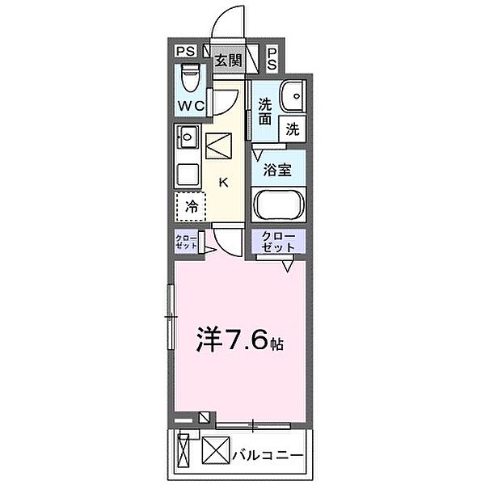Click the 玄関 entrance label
(x=228, y=59)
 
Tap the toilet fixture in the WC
(x=190, y=79)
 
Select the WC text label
(x=191, y=106)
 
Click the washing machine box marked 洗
(x=293, y=127)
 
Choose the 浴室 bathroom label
(x=277, y=170)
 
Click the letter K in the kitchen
(x=224, y=183)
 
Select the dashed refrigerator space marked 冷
(x=192, y=206)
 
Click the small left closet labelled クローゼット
(x=185, y=242)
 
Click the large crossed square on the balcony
(x=216, y=451)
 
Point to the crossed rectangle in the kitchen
(x=219, y=147)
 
